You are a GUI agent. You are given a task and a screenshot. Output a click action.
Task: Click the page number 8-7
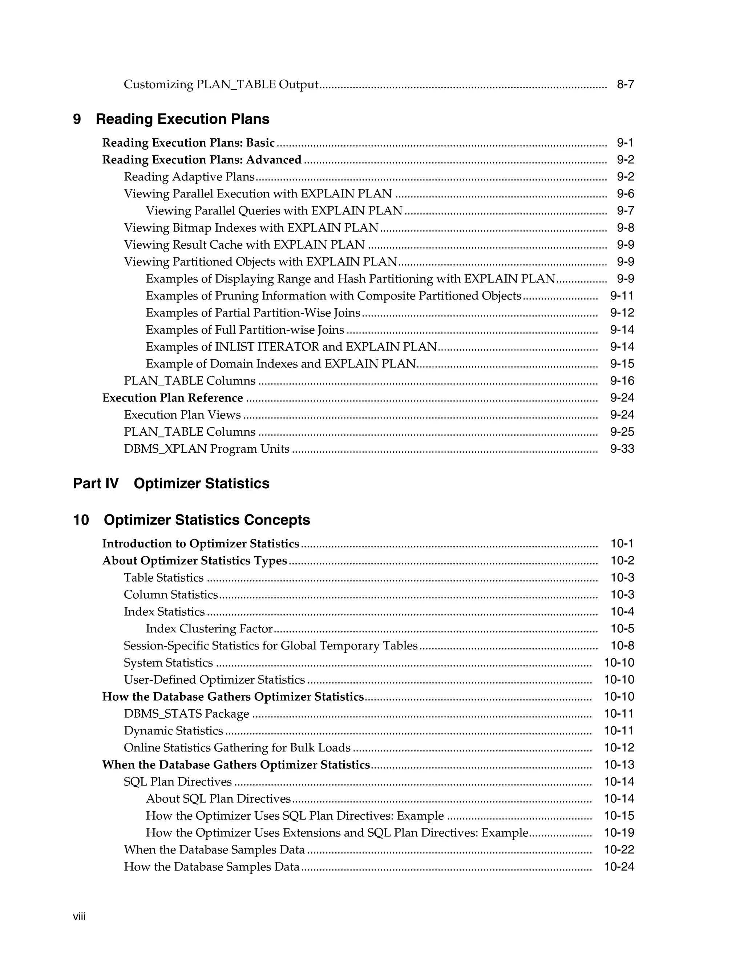pyautogui.click(x=625, y=85)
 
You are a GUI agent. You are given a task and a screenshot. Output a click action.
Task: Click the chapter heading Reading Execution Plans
pyautogui.click(x=182, y=119)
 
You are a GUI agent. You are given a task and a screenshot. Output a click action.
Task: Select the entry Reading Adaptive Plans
pyautogui.click(x=189, y=177)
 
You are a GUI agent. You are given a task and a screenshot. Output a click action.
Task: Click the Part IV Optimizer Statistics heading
pyautogui.click(x=171, y=484)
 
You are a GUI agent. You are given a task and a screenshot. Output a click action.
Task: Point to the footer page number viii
pyautogui.click(x=79, y=917)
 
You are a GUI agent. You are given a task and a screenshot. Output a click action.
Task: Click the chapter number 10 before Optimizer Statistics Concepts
pyautogui.click(x=81, y=520)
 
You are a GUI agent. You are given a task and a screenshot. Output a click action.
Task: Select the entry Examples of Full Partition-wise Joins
pyautogui.click(x=245, y=330)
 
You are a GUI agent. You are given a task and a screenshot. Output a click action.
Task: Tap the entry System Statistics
pyautogui.click(x=168, y=663)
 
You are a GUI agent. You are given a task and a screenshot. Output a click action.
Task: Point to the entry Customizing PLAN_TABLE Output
pyautogui.click(x=221, y=85)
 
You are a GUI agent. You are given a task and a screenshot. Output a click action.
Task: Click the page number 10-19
pyautogui.click(x=619, y=833)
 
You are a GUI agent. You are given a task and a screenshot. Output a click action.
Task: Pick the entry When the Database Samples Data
pyautogui.click(x=214, y=850)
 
